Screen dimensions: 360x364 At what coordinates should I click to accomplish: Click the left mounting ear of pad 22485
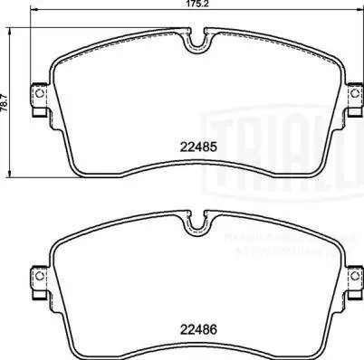click(x=38, y=96)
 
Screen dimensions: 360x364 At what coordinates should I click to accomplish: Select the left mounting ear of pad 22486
click(x=38, y=277)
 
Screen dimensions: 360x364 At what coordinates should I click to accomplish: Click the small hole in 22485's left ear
click(x=37, y=96)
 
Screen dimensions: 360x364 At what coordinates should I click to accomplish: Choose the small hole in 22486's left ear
click(x=37, y=277)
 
